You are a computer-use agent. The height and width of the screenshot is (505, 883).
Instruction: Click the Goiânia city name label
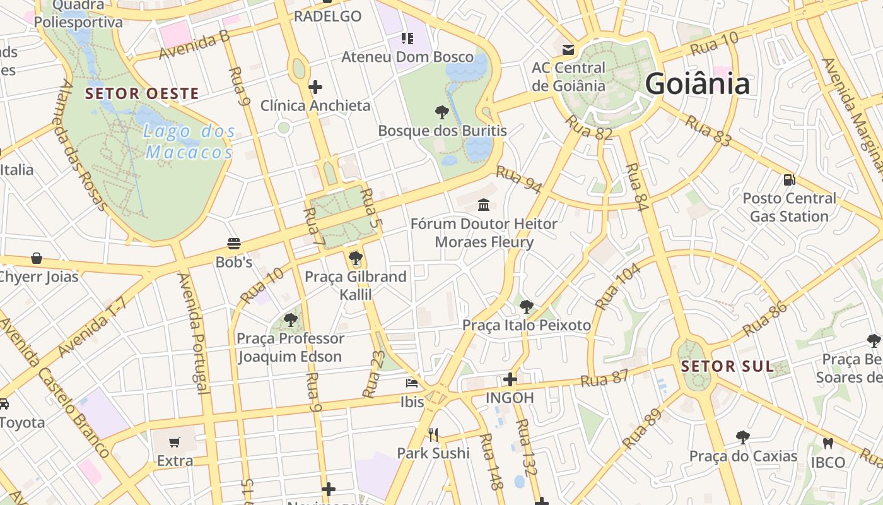click(x=697, y=84)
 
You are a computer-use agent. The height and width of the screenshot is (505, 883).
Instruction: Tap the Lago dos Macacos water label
click(x=189, y=142)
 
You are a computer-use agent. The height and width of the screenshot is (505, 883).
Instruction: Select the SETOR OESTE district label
click(x=142, y=94)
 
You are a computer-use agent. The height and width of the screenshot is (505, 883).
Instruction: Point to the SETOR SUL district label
click(x=727, y=366)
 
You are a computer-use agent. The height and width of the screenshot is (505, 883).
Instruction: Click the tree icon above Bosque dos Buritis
click(x=442, y=112)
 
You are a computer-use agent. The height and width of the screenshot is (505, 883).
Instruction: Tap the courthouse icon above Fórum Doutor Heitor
click(x=484, y=205)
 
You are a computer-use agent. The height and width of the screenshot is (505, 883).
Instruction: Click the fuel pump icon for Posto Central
click(x=789, y=180)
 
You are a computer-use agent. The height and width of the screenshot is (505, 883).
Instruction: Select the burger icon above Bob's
click(x=234, y=244)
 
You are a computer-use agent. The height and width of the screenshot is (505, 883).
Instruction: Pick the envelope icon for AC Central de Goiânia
click(x=568, y=49)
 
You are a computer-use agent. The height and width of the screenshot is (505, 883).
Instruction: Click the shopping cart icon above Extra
click(x=175, y=443)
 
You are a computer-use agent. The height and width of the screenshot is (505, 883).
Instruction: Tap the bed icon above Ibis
click(x=412, y=383)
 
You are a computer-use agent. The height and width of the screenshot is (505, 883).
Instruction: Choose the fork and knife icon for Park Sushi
click(x=433, y=434)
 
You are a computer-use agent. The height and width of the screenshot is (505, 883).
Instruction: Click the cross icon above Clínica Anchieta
click(x=315, y=87)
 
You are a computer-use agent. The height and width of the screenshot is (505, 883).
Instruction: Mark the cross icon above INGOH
click(x=510, y=379)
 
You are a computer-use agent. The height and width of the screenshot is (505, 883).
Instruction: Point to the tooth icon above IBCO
click(x=827, y=444)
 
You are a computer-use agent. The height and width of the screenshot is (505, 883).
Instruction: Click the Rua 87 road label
click(x=604, y=379)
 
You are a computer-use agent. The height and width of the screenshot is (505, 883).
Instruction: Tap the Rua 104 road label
click(x=617, y=286)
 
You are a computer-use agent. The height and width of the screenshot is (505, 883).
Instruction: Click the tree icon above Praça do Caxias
click(x=743, y=437)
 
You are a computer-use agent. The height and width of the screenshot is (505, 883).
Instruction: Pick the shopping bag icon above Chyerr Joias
click(x=37, y=258)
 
